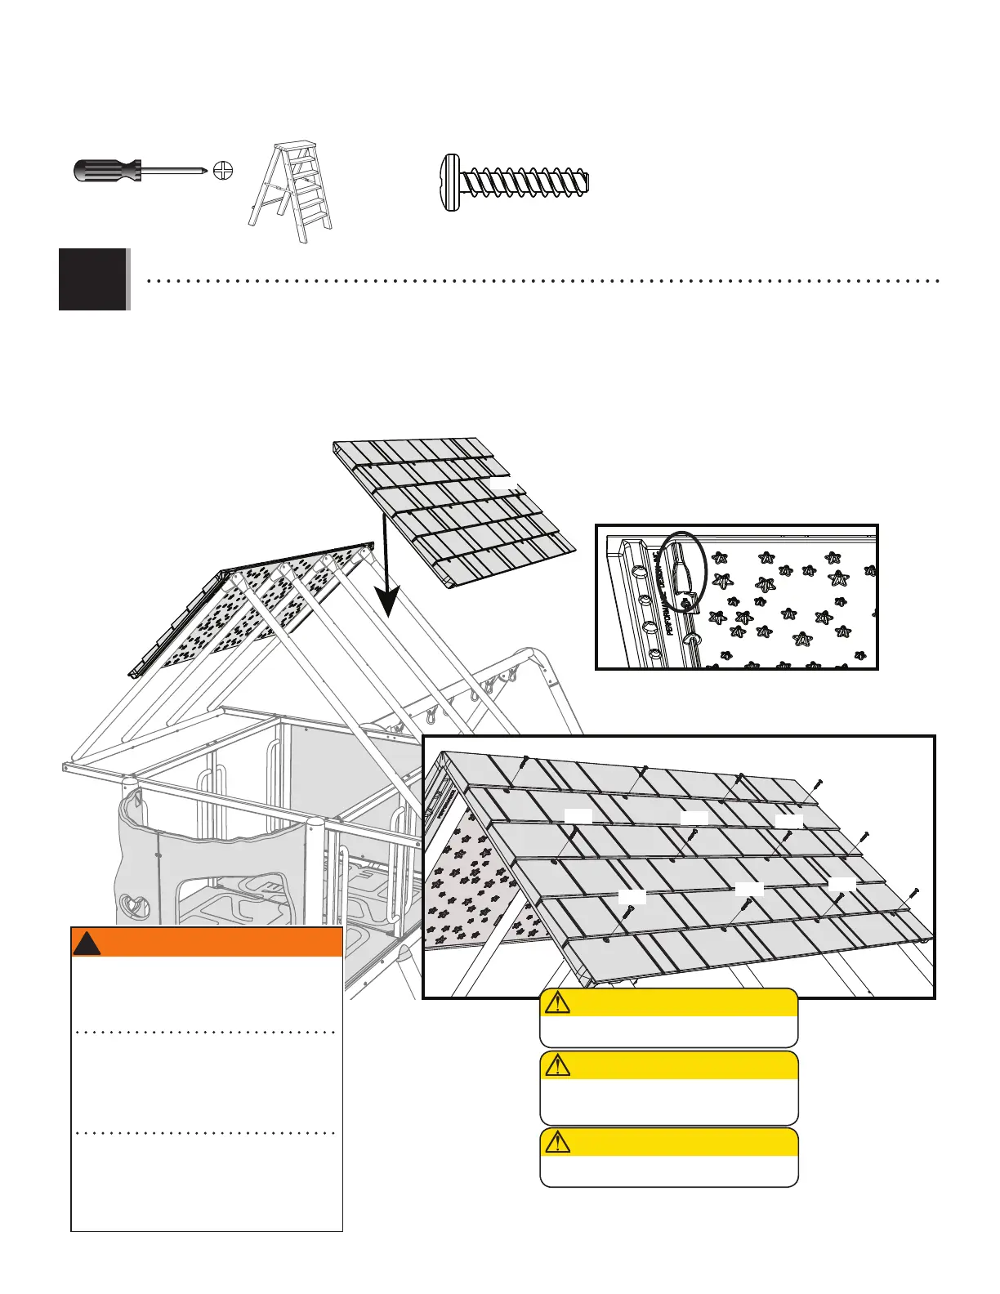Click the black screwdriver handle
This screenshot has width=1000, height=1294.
(105, 171)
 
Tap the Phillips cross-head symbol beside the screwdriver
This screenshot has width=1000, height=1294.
(223, 171)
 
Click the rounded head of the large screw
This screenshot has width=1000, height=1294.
(449, 182)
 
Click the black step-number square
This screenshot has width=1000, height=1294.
(93, 279)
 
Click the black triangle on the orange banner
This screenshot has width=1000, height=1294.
(87, 944)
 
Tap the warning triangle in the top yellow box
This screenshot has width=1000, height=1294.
(557, 1002)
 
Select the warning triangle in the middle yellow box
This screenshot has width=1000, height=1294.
(557, 1065)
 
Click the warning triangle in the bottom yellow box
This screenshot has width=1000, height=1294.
(557, 1142)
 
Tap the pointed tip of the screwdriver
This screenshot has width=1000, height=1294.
(203, 171)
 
